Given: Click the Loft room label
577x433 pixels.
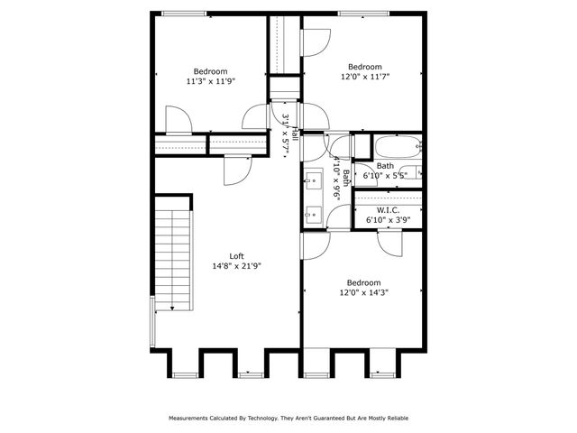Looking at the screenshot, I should [236, 256].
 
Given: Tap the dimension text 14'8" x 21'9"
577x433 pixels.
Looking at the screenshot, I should [236, 266].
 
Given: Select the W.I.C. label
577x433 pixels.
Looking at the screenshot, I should [387, 209].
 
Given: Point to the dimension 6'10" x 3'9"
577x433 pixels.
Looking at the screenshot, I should [387, 219].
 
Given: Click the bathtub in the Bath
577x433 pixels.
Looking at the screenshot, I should [396, 145].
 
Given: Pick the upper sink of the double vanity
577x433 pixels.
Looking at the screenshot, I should [313, 177].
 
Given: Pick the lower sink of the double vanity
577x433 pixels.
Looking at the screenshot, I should [313, 213].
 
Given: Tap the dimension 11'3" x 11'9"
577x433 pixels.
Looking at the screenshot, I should [210, 81].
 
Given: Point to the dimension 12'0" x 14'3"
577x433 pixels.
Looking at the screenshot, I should [365, 292].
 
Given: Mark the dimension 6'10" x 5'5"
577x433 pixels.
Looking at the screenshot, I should [386, 175].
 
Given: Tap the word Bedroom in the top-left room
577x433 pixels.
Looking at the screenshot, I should [210, 71].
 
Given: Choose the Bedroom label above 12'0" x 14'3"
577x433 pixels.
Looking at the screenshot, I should [365, 282].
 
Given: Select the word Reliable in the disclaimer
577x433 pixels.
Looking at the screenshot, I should [394, 419].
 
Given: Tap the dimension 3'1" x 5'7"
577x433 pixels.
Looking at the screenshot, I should [284, 134].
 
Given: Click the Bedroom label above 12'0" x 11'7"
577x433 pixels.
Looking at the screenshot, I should [365, 66].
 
